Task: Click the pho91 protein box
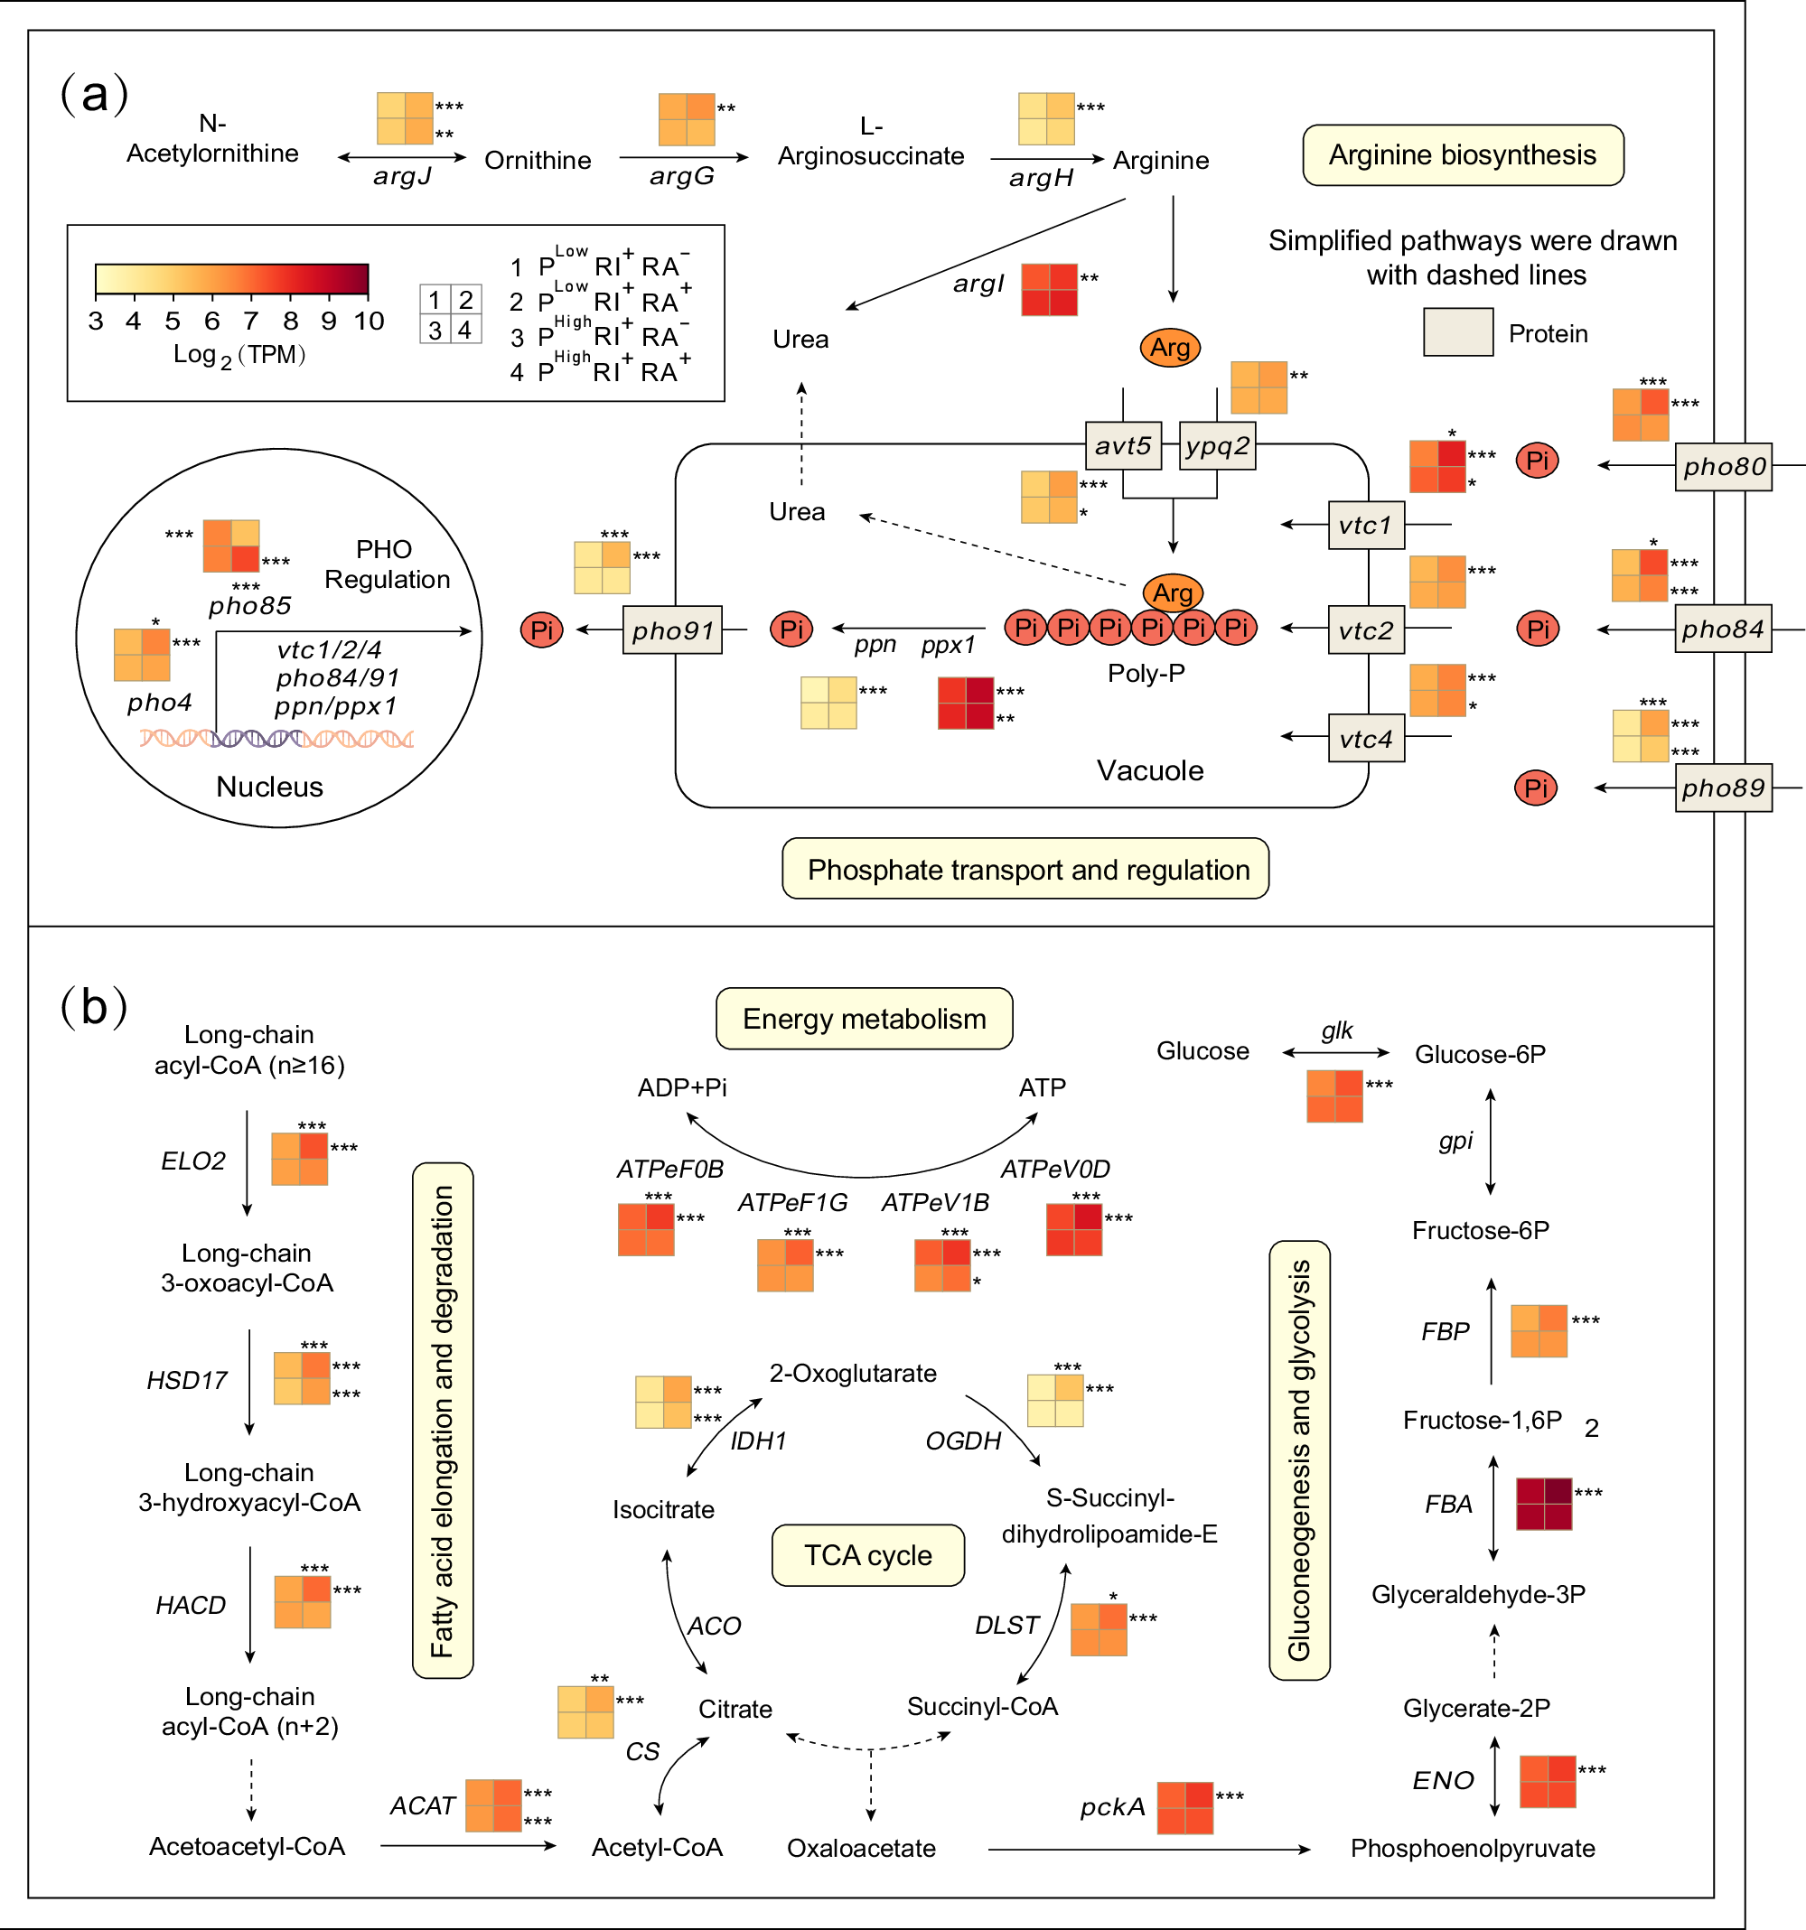672,630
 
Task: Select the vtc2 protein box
1365,630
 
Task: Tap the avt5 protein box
1122,445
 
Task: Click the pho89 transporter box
1723,788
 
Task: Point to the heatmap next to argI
1049,289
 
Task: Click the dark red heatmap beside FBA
1544,1504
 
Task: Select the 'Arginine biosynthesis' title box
1463,155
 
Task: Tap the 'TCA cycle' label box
867,1555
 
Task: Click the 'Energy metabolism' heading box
865,1019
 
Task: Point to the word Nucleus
269,787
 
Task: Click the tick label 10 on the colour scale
369,322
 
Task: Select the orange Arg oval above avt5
1170,347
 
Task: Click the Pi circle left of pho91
542,630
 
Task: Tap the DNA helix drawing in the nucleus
276,739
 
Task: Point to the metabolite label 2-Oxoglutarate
853,1373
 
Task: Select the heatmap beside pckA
1184,1808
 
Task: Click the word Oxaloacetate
860,1848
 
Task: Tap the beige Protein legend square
1457,332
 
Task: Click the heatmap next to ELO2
299,1159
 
